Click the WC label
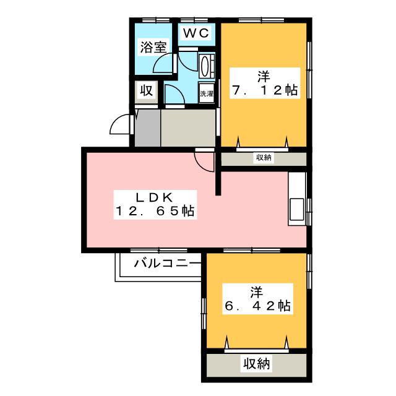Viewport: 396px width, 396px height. pos(197,32)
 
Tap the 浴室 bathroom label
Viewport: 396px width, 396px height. pos(152,47)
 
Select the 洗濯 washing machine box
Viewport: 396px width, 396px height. pos(206,95)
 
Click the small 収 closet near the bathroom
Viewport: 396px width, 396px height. pos(145,91)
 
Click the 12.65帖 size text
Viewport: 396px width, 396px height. pos(154,212)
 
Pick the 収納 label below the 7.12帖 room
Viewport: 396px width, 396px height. pos(264,158)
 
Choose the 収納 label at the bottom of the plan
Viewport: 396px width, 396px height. pos(256,363)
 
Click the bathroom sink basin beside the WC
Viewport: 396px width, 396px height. pos(207,65)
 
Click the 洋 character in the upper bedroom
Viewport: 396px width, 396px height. pos(264,77)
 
